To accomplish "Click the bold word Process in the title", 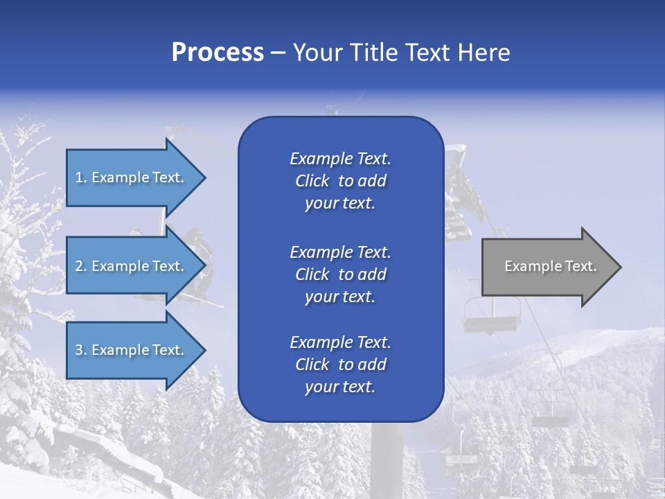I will point(218,53).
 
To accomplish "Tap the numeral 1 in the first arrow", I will point(79,177).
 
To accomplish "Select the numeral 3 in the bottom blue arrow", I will point(79,350).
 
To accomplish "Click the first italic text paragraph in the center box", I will point(340,181).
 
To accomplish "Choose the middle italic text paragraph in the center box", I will point(340,274).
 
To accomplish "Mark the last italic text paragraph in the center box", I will point(340,365).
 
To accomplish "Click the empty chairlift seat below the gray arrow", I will point(491,322).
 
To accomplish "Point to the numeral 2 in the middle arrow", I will point(79,266).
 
